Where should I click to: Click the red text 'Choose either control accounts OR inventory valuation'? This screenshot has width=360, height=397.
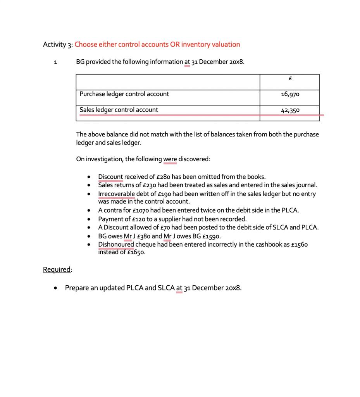(x=157, y=44)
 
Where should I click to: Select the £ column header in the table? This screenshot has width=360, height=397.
(x=290, y=79)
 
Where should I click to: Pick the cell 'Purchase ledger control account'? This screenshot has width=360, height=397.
(x=124, y=94)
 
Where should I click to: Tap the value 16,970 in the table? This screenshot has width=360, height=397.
(x=290, y=94)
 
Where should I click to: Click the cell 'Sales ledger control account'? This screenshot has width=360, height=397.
(x=119, y=110)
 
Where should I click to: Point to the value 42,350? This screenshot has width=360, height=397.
(x=290, y=110)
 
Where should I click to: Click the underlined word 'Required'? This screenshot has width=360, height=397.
(x=57, y=269)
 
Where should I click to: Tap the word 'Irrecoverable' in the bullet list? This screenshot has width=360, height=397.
(x=117, y=193)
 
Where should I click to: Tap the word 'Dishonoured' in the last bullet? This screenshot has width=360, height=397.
(x=116, y=244)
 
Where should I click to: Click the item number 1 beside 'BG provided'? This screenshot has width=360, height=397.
(x=56, y=62)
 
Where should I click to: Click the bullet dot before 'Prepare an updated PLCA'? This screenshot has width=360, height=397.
(x=57, y=288)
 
